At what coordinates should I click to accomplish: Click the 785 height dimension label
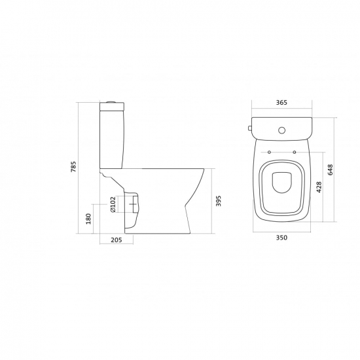[x=73, y=167]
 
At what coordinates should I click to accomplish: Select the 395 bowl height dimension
[x=219, y=201]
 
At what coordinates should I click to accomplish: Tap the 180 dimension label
[x=88, y=219]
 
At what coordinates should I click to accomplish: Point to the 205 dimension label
[x=117, y=240]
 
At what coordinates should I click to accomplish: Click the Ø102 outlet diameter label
[x=113, y=205]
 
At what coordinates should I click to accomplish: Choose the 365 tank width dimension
[x=281, y=103]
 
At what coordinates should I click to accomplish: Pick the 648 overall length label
[x=331, y=170]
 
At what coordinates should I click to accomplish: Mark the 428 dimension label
[x=319, y=187]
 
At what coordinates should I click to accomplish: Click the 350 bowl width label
[x=281, y=238]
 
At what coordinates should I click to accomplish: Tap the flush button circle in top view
[x=282, y=130]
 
